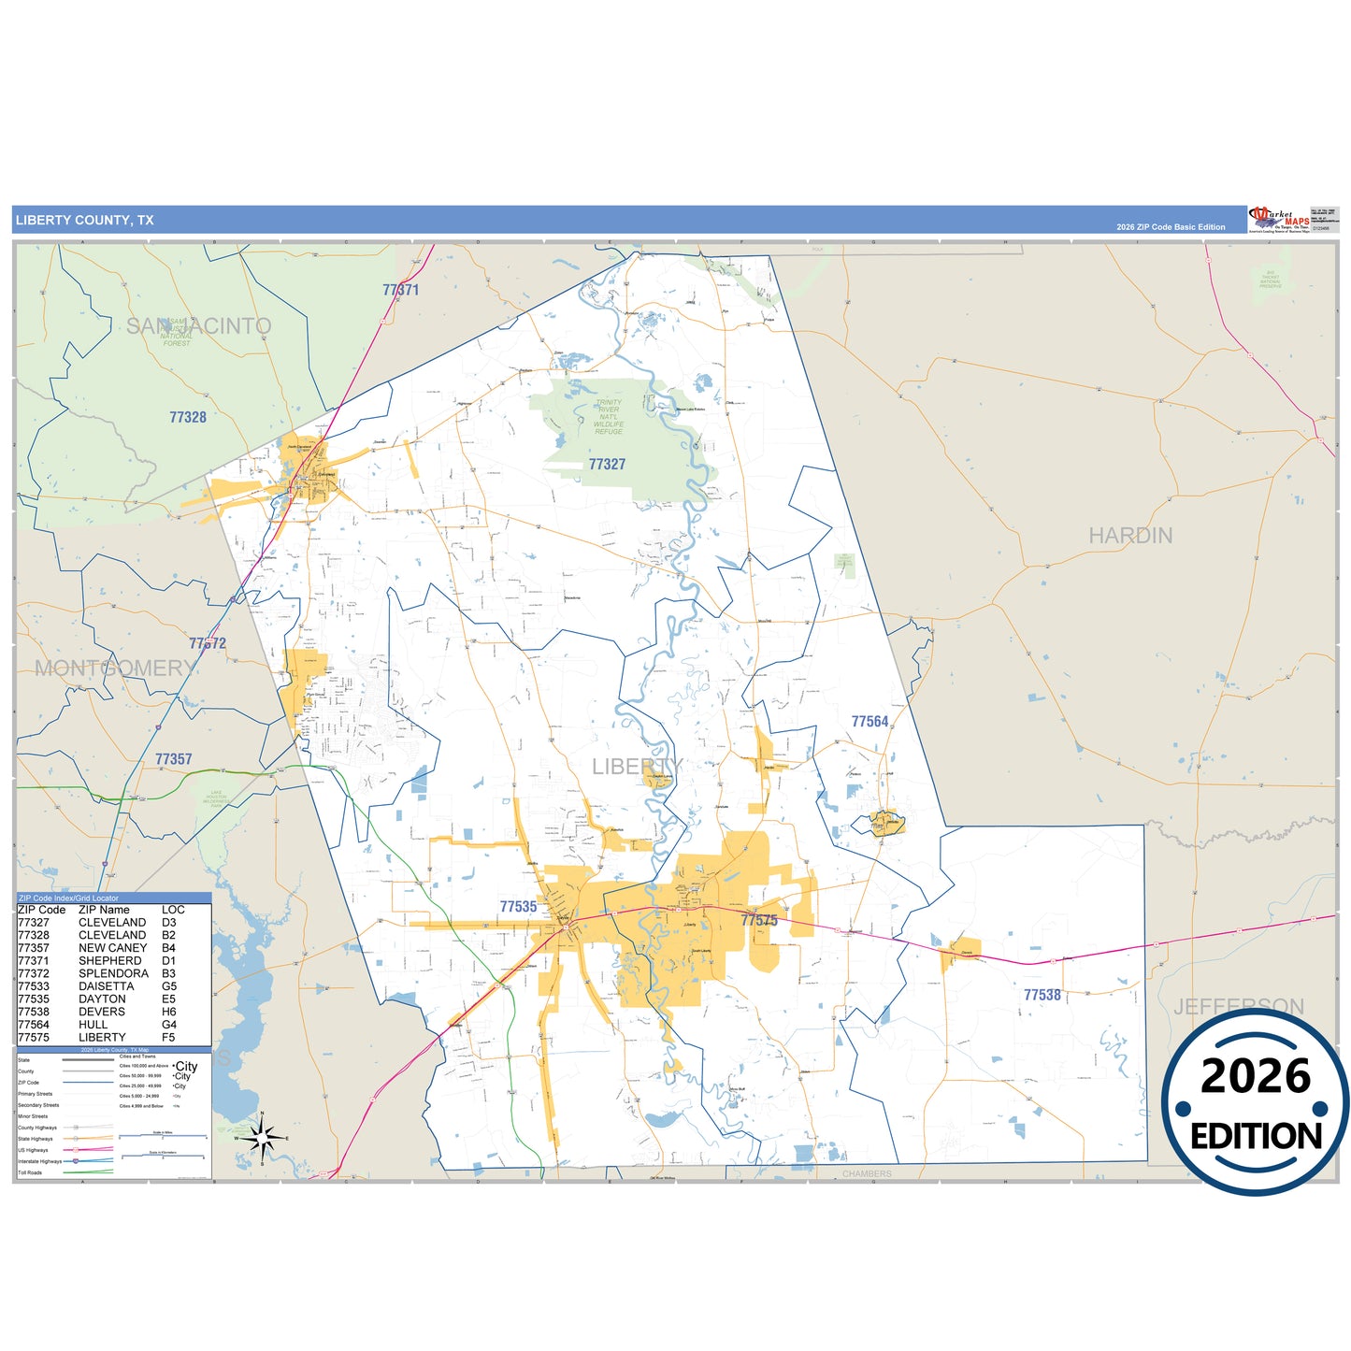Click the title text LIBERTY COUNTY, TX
(x=84, y=221)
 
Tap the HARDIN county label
(x=1129, y=536)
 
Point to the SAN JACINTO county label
(x=198, y=326)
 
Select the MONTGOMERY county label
(x=115, y=668)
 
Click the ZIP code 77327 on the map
(x=607, y=465)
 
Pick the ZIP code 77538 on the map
(x=1042, y=996)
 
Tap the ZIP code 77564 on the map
(x=870, y=722)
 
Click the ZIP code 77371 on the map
(x=400, y=290)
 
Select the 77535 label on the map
(x=518, y=907)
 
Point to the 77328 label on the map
(x=188, y=418)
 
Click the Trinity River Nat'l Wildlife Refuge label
(x=608, y=417)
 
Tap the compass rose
(x=263, y=1138)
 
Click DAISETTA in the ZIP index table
(x=106, y=986)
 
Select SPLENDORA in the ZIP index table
(x=113, y=973)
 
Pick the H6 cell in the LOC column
(x=168, y=1012)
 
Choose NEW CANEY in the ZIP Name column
(x=112, y=948)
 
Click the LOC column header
(x=173, y=910)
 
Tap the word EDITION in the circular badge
(x=1256, y=1136)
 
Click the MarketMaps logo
(x=1278, y=221)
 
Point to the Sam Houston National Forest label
(x=177, y=333)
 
